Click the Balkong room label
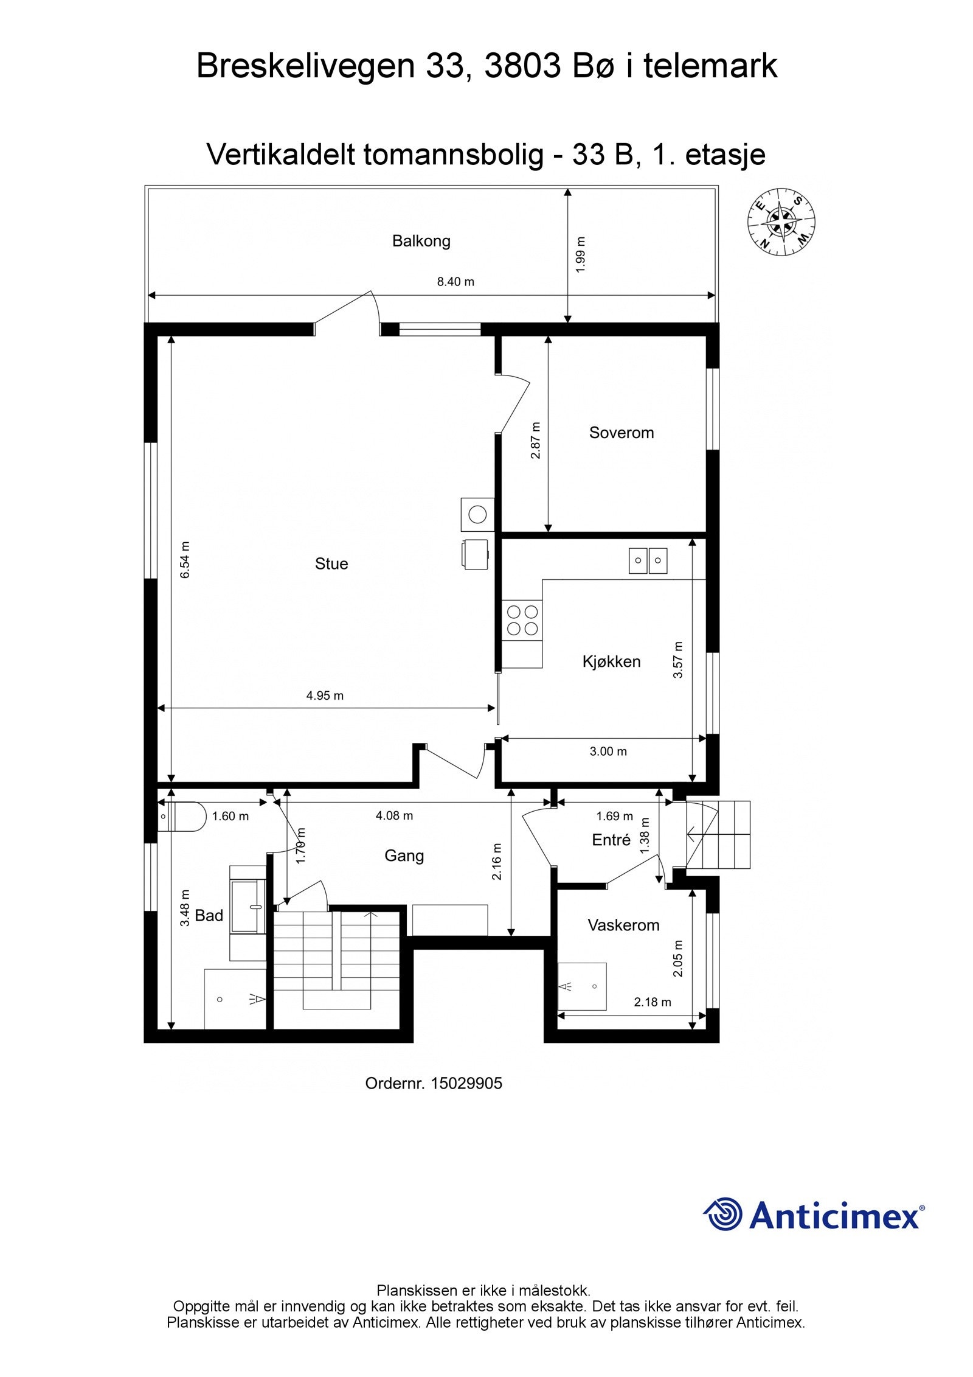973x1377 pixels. [x=421, y=241]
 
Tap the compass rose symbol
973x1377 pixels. [x=781, y=221]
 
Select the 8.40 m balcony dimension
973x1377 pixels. [x=455, y=282]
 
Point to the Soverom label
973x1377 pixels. [x=621, y=433]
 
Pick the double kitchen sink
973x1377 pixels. [x=648, y=560]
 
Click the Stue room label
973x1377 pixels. [x=331, y=563]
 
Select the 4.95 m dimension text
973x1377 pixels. [x=325, y=695]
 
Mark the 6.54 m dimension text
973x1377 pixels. [x=185, y=559]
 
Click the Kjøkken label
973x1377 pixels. [x=611, y=661]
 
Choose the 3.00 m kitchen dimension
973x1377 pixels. [x=608, y=751]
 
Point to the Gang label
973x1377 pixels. [x=404, y=856]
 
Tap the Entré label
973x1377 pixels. [x=611, y=840]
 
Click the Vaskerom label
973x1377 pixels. [x=623, y=925]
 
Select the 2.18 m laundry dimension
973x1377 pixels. [x=653, y=1002]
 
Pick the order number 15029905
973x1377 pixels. [x=466, y=1083]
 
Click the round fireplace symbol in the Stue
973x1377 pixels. [x=477, y=515]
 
